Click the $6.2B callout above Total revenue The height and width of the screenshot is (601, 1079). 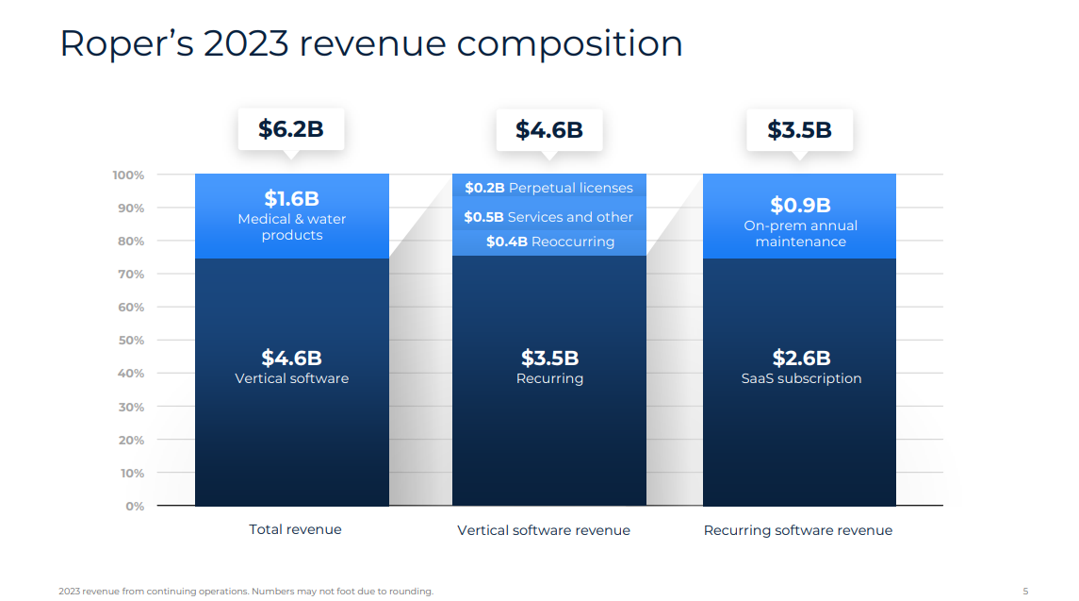[x=291, y=129]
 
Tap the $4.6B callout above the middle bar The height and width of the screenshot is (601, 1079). [x=548, y=130]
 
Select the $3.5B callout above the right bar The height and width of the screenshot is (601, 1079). [x=799, y=130]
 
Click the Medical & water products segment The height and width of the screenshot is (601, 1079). [x=291, y=216]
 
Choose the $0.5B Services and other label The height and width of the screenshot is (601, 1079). [x=548, y=217]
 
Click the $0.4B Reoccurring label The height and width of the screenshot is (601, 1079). [x=550, y=242]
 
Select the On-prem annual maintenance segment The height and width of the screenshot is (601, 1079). [x=800, y=222]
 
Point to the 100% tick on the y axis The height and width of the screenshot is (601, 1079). [x=128, y=175]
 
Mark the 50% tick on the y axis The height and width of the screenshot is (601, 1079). [x=131, y=341]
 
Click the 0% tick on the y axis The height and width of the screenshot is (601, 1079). [x=134, y=506]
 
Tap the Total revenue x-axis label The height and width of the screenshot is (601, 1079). [x=295, y=529]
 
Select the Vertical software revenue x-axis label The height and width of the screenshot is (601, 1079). [x=544, y=530]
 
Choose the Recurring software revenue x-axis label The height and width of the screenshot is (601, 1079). [x=798, y=530]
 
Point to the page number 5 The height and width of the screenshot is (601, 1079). [x=1025, y=592]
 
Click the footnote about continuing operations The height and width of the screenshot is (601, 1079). [x=246, y=592]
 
